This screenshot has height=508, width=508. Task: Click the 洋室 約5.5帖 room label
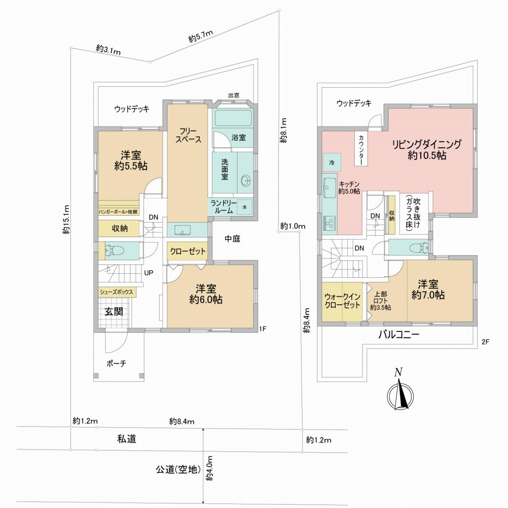click(x=130, y=160)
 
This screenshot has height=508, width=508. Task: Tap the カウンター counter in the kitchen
click(x=361, y=149)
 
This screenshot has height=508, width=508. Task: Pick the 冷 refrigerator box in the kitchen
click(x=332, y=162)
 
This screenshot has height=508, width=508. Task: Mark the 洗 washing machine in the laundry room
click(x=245, y=207)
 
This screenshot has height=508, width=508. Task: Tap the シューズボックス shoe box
click(x=117, y=292)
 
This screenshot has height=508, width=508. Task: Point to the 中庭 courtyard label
click(x=232, y=239)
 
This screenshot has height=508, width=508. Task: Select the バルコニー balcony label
click(x=399, y=335)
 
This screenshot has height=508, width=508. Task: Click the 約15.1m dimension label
click(x=66, y=220)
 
